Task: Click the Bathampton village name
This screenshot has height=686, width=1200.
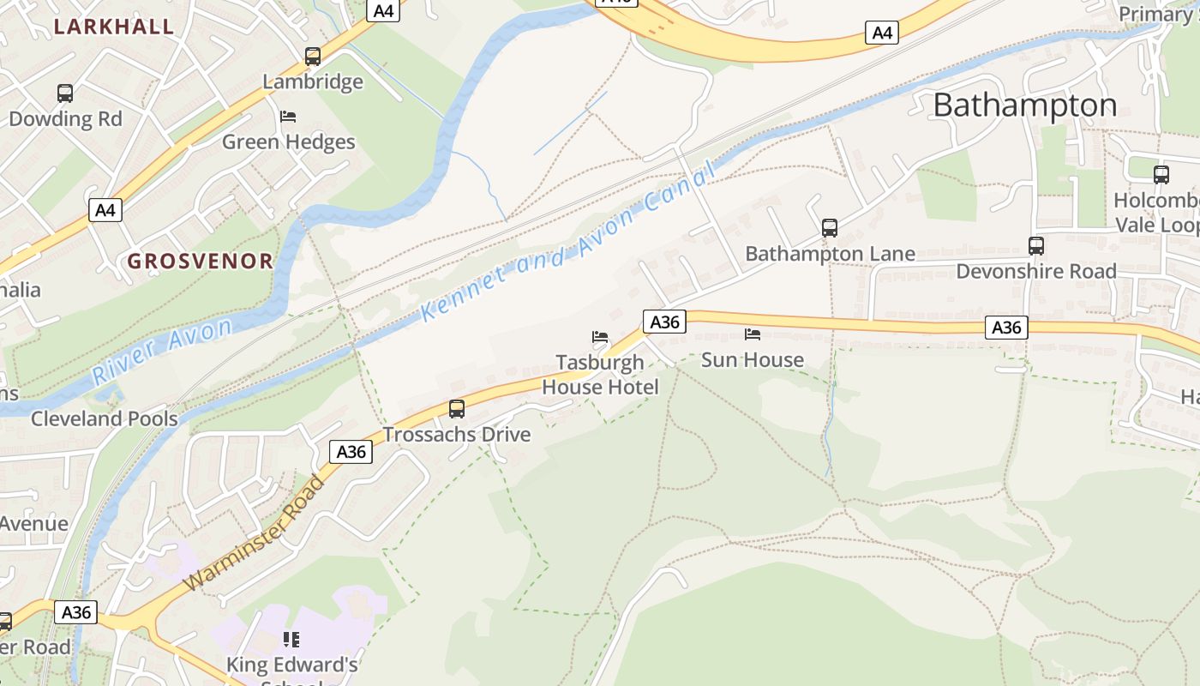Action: (x=1024, y=105)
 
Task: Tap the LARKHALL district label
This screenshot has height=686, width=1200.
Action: (x=114, y=27)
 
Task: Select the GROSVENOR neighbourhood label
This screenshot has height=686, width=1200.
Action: (x=200, y=262)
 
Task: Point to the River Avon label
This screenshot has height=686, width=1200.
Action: (x=162, y=350)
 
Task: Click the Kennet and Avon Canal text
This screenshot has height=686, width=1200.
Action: (x=568, y=244)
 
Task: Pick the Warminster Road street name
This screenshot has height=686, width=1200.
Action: (x=255, y=533)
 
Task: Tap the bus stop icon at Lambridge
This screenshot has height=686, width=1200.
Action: (x=313, y=57)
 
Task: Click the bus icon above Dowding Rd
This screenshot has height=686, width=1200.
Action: (x=65, y=93)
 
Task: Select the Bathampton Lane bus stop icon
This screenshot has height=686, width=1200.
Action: (x=829, y=228)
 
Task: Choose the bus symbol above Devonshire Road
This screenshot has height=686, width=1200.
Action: (x=1035, y=246)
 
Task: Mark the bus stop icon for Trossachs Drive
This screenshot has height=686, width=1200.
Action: (x=457, y=409)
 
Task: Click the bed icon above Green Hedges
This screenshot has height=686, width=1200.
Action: (x=288, y=117)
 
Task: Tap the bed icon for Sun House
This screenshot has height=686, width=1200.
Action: (x=753, y=334)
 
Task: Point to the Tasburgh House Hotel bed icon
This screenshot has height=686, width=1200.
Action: (x=600, y=336)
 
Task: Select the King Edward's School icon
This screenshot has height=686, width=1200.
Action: (x=291, y=639)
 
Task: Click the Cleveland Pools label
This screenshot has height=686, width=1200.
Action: (x=105, y=419)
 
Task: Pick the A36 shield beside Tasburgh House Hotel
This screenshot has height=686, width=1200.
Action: (x=664, y=322)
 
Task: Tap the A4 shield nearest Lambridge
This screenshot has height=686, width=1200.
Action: (x=383, y=10)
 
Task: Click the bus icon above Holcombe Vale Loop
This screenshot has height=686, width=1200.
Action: (x=1161, y=175)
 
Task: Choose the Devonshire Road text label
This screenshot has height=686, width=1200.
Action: (x=1035, y=272)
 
